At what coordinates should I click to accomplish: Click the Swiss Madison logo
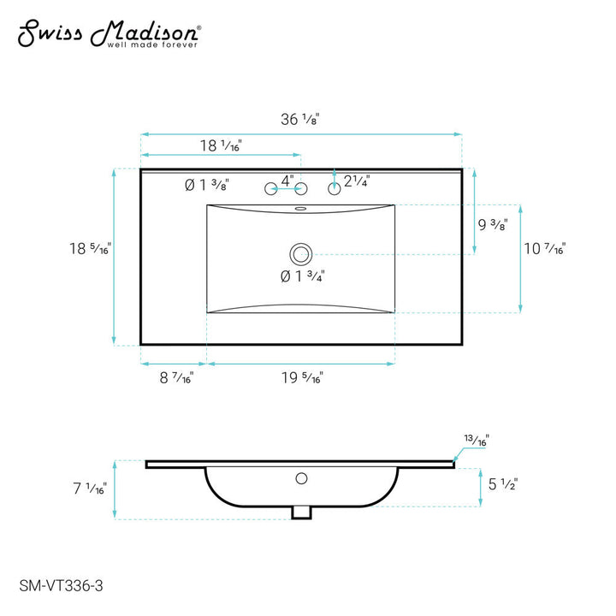[x=110, y=33]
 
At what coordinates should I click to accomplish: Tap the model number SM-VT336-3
[x=61, y=586]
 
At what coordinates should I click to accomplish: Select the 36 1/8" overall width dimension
[x=300, y=120]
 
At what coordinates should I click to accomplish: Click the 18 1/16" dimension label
[x=221, y=145]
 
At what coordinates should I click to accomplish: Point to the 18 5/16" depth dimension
[x=91, y=248]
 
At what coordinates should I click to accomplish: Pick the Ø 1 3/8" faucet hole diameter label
[x=207, y=185]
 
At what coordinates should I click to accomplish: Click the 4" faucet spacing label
[x=287, y=181]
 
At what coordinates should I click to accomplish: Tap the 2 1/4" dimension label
[x=357, y=181]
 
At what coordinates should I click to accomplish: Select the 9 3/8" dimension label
[x=493, y=224]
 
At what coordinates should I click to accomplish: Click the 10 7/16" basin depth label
[x=544, y=248]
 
